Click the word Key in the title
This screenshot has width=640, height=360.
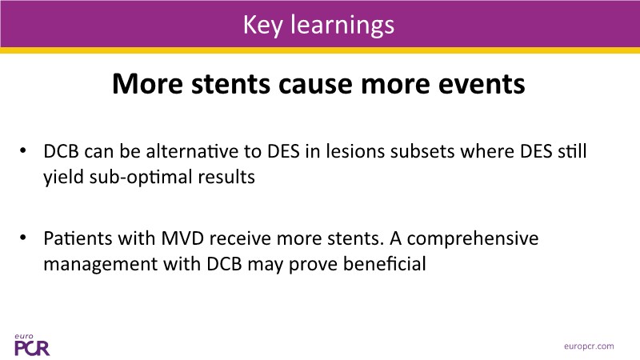pyautogui.click(x=262, y=26)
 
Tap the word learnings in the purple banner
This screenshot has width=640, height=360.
pyautogui.click(x=342, y=26)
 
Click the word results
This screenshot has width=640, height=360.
pyautogui.click(x=226, y=177)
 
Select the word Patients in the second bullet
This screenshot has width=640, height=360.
pyautogui.click(x=78, y=238)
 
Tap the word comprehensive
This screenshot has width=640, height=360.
pyautogui.click(x=473, y=238)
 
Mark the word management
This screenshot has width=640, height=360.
pyautogui.click(x=101, y=265)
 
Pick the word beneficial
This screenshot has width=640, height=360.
pyautogui.click(x=385, y=264)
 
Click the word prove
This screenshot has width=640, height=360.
pyautogui.click(x=313, y=265)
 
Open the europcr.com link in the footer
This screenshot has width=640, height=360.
pyautogui.click(x=589, y=346)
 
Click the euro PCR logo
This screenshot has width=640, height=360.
pyautogui.click(x=32, y=345)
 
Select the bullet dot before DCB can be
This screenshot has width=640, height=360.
pyautogui.click(x=23, y=151)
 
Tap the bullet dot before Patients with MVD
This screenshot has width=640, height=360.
pyautogui.click(x=23, y=238)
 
